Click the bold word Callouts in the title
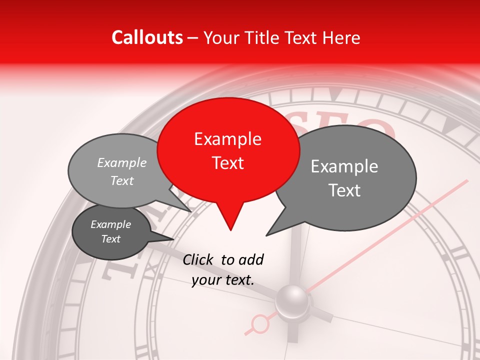coord(147,37)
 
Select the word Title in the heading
coord(258,37)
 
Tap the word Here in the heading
coord(340,37)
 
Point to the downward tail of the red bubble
coord(230,220)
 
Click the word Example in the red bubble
coord(227,139)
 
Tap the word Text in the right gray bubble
coord(344,190)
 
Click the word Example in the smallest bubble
coord(111,224)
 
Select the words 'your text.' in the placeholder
coord(223,280)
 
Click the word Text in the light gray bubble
coord(122,180)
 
